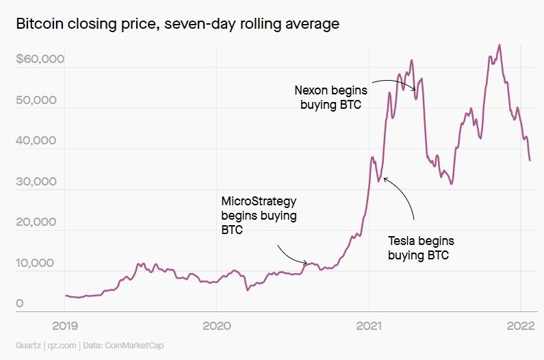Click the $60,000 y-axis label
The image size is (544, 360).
(40, 59)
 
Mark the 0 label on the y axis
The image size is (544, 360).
(20, 304)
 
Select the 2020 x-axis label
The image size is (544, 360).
(216, 325)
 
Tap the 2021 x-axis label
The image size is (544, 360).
(369, 325)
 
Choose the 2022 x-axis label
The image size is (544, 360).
(520, 325)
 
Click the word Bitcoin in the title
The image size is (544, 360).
(38, 25)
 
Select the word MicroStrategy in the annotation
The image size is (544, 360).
(259, 201)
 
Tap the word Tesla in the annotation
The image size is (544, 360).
(402, 241)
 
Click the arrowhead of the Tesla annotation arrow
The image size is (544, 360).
(385, 178)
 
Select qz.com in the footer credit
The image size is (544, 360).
(64, 346)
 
